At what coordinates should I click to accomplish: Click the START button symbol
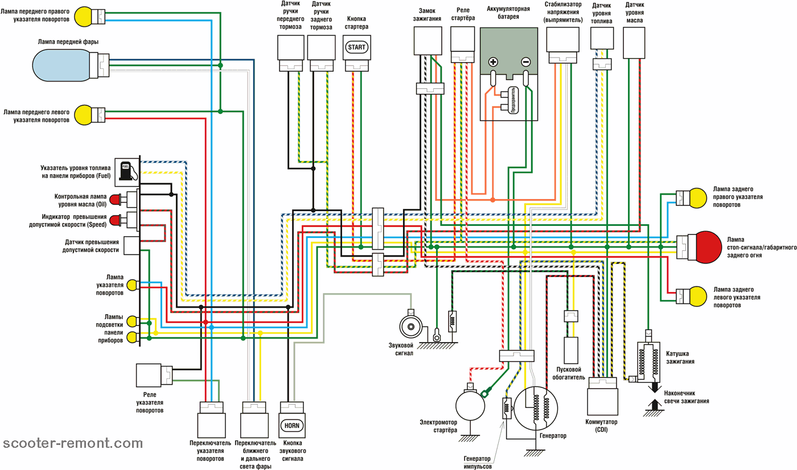coord(357,47)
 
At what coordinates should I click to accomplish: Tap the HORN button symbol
coord(293,425)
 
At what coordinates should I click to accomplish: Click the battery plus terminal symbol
coord(493,63)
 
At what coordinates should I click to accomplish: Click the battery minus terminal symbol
coord(526,63)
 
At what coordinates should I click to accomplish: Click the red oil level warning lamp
coord(116,200)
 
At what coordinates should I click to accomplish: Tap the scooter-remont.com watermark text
coord(73,443)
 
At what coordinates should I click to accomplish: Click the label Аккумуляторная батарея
coord(511,14)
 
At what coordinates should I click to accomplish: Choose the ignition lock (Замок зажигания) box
coord(426,40)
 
